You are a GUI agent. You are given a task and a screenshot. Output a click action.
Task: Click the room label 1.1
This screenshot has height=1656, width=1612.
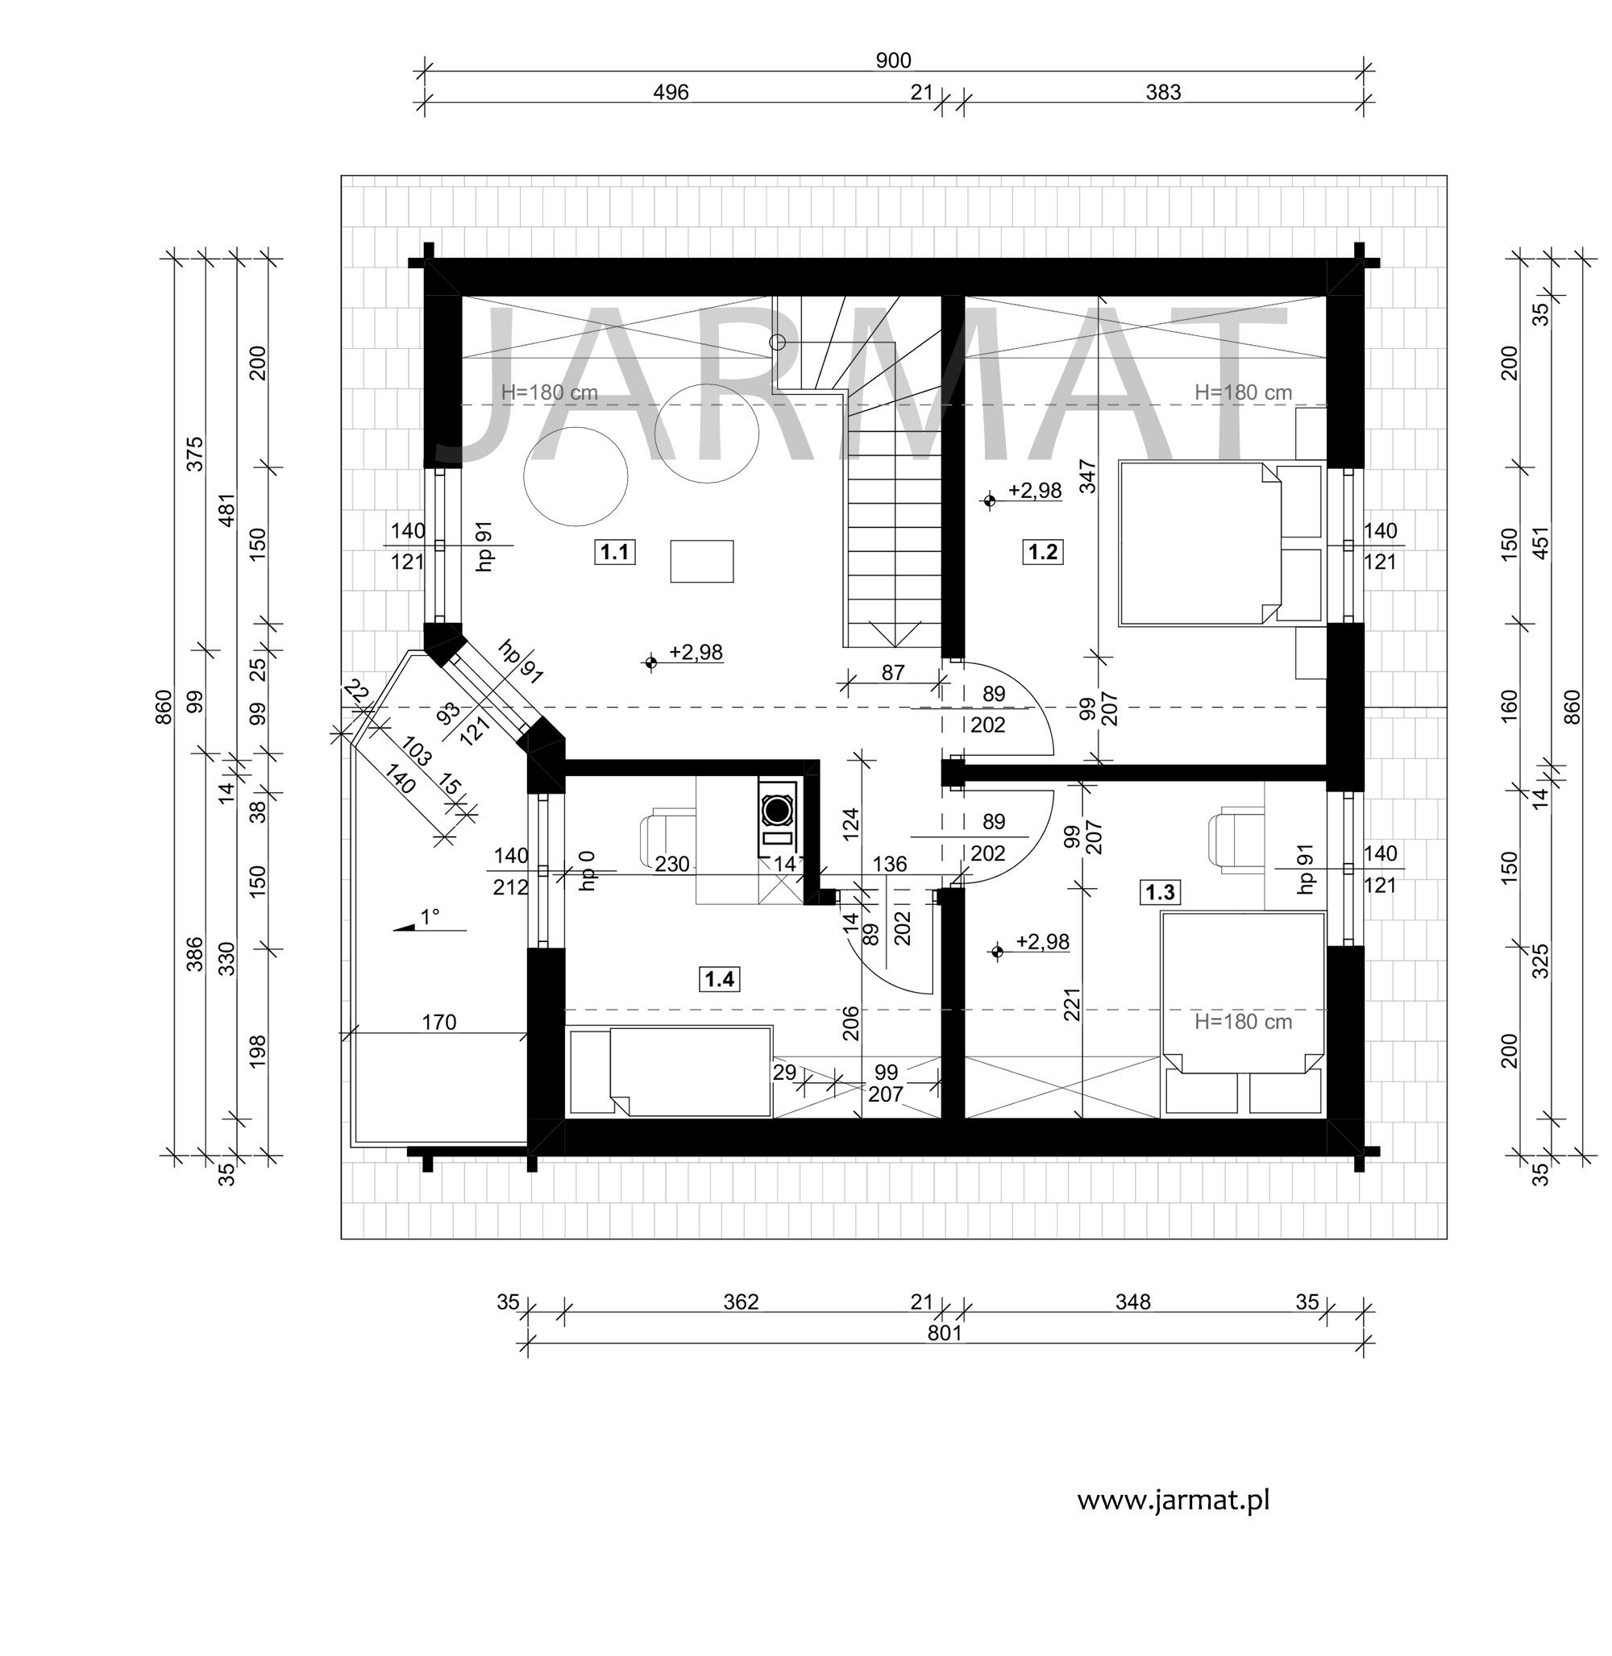click(x=614, y=553)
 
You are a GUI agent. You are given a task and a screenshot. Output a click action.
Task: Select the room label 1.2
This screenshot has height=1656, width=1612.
click(x=1042, y=553)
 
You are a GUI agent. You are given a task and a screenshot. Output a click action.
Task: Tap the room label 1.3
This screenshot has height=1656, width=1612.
click(x=1160, y=892)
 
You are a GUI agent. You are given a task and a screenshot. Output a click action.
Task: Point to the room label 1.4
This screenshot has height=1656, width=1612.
click(x=719, y=980)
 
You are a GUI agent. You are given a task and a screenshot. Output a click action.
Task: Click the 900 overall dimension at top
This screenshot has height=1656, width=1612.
click(x=893, y=61)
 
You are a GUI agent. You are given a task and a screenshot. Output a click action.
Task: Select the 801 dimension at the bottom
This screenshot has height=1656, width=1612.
click(x=945, y=1334)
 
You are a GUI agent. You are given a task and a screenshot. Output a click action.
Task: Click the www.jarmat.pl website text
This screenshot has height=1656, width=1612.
click(x=1174, y=1501)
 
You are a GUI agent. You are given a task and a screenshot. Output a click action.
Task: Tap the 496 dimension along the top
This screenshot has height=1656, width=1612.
click(x=671, y=93)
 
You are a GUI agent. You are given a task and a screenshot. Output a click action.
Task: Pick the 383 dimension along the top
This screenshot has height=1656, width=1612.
click(x=1163, y=93)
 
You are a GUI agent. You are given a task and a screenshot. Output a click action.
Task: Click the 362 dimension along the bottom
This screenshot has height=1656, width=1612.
click(x=741, y=1302)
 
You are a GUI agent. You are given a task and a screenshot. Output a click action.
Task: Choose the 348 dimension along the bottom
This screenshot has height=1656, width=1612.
click(x=1132, y=1302)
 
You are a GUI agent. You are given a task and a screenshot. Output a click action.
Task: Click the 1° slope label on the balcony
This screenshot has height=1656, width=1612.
click(x=430, y=917)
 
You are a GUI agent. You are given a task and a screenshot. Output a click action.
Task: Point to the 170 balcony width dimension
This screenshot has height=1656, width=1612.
click(x=438, y=1023)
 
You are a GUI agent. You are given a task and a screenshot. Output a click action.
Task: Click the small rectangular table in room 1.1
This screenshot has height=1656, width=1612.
click(x=702, y=562)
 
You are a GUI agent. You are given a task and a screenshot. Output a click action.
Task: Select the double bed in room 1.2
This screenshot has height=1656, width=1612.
click(x=1220, y=543)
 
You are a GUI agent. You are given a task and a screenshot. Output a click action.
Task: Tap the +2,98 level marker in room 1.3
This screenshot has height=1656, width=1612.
click(x=1032, y=944)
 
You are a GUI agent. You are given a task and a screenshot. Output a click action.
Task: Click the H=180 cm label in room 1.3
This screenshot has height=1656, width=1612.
click(x=1243, y=1022)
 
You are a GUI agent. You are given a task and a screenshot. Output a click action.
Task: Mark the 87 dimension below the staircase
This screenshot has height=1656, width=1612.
click(x=892, y=672)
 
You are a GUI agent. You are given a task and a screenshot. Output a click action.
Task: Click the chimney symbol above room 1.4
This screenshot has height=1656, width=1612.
click(x=777, y=811)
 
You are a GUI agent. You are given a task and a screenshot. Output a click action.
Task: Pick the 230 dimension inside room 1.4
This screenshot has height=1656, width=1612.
click(x=671, y=865)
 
